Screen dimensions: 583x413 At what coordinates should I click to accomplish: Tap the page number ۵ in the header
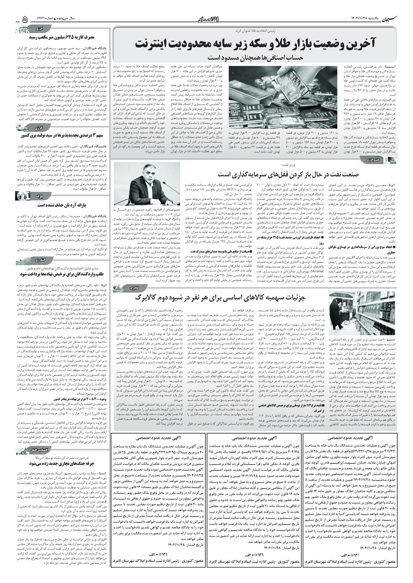pos(25,19)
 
